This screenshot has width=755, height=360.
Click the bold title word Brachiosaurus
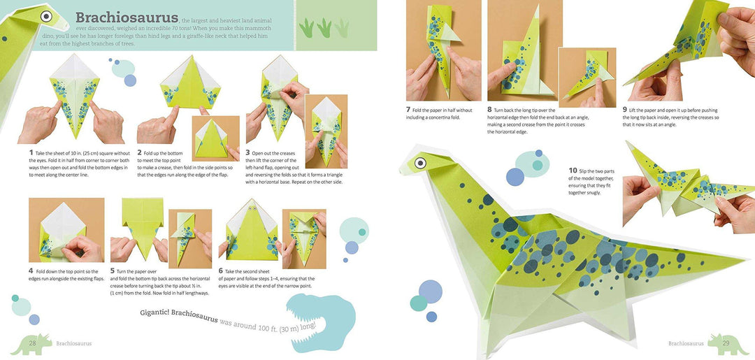coord(126,18)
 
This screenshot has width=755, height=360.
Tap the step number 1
coord(31,152)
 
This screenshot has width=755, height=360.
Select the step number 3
coord(247,152)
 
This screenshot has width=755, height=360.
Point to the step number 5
coord(112,271)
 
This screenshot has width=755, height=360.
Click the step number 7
coord(408,110)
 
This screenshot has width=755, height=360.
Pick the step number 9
coord(625,110)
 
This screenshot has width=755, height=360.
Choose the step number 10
coord(573,170)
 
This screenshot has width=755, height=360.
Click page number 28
coord(32,343)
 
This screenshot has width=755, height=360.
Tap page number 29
coord(725,343)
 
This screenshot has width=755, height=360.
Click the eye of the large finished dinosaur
coord(421,163)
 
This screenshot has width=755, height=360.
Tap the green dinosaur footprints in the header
coord(323,27)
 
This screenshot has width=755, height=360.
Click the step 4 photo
coord(66,230)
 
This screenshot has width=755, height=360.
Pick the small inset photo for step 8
coord(587,77)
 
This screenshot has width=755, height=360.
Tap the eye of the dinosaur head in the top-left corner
coord(46,15)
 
